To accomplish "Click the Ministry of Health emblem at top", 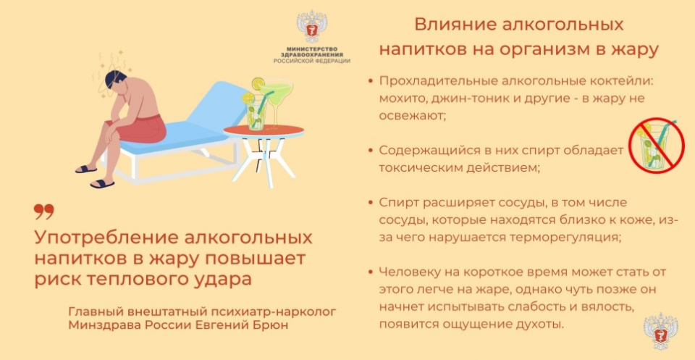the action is (311, 27).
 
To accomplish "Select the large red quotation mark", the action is (44, 212).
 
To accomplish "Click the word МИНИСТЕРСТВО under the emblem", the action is (312, 49).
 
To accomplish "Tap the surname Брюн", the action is (269, 325).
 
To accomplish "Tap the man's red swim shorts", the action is (141, 129).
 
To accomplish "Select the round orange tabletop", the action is (264, 131).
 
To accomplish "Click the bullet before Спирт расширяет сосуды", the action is (371, 203).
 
